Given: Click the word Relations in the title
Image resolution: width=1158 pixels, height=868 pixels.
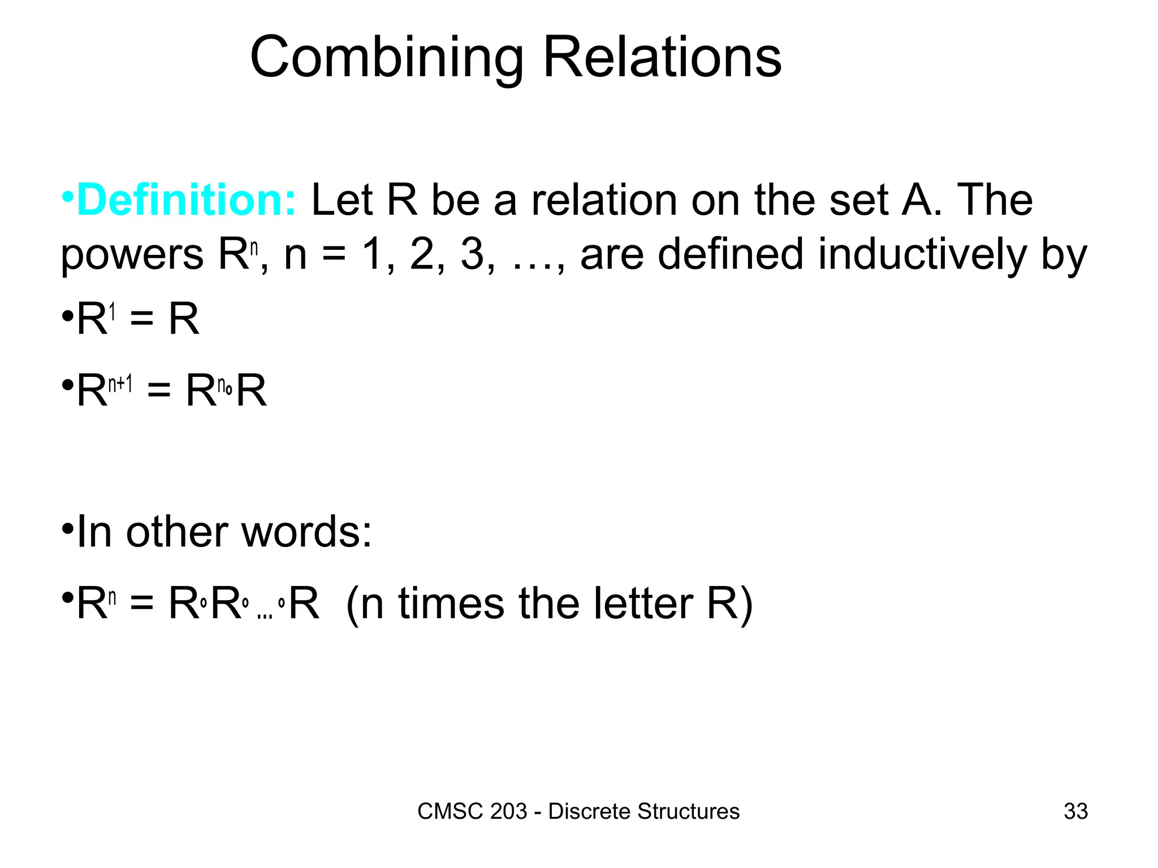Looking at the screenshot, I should [x=662, y=58].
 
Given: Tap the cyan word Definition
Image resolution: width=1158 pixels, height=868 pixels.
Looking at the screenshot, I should [x=186, y=200].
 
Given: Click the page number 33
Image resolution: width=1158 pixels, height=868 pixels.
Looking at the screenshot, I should [x=1075, y=811].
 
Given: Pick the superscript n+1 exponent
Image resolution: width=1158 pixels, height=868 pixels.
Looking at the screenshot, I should [x=120, y=384].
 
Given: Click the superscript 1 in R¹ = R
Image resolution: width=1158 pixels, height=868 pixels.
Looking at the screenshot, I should [x=113, y=311].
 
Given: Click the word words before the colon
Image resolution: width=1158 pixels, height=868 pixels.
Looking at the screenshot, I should [x=300, y=532].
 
